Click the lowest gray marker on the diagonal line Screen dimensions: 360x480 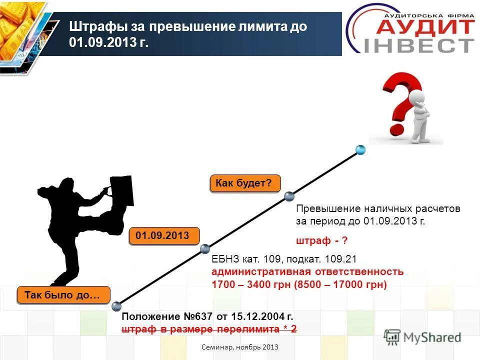[x=116, y=306]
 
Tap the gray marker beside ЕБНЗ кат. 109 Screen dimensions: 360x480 [x=205, y=248]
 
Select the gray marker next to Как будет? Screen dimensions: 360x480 [x=288, y=196]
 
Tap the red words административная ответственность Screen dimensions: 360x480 [x=307, y=272]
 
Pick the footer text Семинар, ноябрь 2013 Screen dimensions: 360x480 [x=240, y=347]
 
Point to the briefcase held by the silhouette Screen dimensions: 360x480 [x=121, y=190]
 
